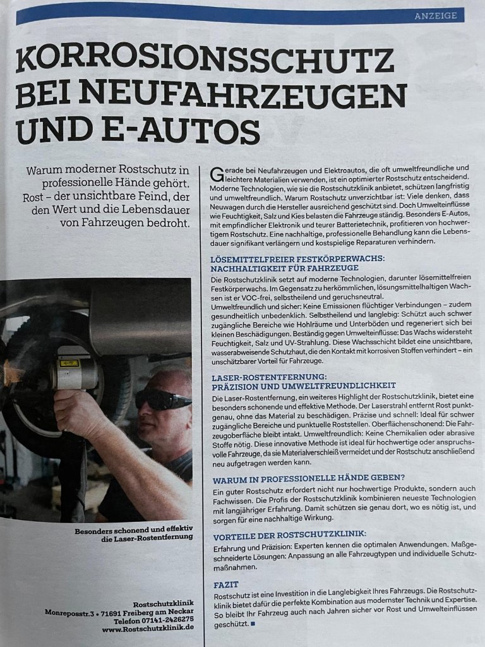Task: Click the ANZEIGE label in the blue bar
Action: pyautogui.click(x=435, y=16)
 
